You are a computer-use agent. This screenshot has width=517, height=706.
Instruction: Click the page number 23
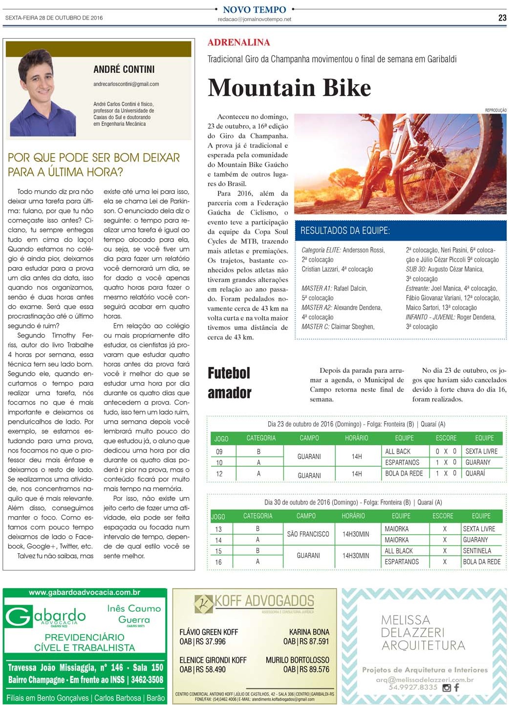[502, 18]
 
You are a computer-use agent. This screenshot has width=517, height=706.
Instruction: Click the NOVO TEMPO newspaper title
[254, 9]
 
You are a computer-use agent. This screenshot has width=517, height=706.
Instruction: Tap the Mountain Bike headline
[289, 88]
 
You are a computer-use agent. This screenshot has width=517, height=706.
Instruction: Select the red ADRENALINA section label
[238, 43]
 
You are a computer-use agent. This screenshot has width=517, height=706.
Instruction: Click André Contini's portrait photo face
[40, 78]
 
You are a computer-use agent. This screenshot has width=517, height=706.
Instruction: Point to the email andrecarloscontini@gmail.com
[126, 84]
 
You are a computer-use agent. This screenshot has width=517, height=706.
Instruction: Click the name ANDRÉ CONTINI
[124, 69]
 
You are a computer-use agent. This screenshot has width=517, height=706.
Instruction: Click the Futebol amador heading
[229, 383]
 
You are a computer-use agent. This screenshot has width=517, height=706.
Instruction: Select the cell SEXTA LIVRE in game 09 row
[481, 451]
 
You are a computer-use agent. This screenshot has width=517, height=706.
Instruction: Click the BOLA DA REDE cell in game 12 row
[404, 473]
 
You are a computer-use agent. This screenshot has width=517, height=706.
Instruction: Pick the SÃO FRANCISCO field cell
[308, 534]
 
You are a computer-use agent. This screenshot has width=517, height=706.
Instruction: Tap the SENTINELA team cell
[477, 551]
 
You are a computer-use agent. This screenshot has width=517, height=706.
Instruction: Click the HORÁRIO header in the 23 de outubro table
[356, 438]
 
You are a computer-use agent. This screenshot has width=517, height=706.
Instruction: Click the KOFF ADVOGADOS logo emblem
[204, 604]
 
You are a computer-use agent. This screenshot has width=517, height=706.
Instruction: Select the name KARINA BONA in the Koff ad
[309, 632]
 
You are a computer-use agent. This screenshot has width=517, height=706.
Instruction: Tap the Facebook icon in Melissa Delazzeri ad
[457, 687]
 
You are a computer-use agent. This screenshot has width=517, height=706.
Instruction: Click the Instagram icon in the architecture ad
[446, 687]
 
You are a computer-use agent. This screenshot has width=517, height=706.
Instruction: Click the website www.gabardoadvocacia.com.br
[85, 592]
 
